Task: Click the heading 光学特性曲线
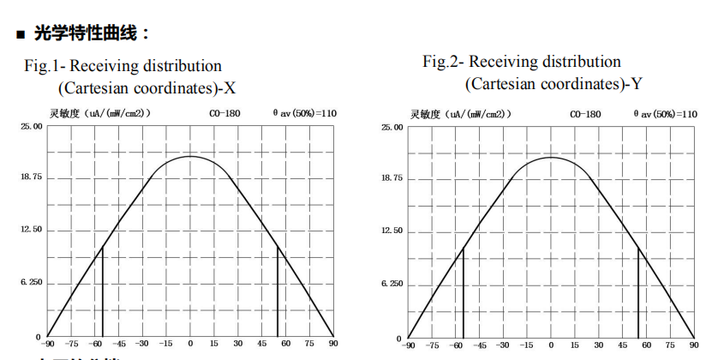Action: click(x=92, y=33)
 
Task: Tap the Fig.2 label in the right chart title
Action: click(x=443, y=62)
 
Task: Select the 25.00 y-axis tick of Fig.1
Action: click(x=31, y=126)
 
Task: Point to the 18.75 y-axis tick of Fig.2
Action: click(x=392, y=178)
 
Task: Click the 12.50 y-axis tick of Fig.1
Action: click(x=31, y=230)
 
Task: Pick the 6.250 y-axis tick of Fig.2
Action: click(x=392, y=284)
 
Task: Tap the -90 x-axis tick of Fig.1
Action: click(x=50, y=345)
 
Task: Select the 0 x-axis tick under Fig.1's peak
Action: click(x=190, y=345)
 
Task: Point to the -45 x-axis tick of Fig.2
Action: click(x=480, y=345)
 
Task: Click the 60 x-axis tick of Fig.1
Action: click(x=286, y=345)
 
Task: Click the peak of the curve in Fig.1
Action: click(x=190, y=156)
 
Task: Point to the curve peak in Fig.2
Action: click(x=550, y=158)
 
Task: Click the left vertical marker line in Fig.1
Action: click(x=103, y=291)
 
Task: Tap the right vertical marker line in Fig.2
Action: click(x=638, y=291)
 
